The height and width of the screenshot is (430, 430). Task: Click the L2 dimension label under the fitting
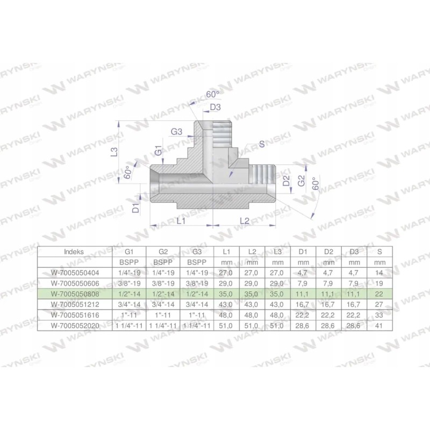pos(245,221)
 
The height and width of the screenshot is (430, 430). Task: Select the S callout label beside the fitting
pos(262,144)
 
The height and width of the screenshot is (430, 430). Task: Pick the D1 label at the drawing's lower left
pos(137,205)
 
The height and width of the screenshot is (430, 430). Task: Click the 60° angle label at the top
pos(213,94)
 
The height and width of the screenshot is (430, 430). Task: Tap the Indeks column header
pos(74,251)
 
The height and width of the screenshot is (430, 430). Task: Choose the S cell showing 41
pos(379,325)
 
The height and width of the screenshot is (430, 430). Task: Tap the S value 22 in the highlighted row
pos(379,293)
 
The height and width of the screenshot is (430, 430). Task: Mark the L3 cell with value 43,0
pos(277,304)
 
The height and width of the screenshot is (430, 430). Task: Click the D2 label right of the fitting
pos(286,180)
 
